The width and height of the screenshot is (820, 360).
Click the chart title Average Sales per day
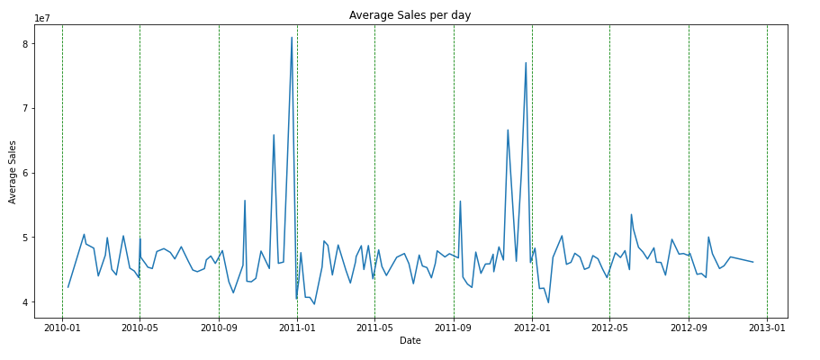(410, 15)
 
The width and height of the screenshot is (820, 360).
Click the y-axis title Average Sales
(14, 171)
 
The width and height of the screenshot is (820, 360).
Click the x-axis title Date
(410, 341)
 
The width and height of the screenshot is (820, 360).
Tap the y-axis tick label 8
(25, 44)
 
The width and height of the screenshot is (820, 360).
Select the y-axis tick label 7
(25, 108)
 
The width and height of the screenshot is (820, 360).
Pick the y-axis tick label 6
(25, 173)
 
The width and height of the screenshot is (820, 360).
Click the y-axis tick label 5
(25, 238)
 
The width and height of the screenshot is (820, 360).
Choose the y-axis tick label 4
(25, 302)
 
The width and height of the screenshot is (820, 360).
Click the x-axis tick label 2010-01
(62, 328)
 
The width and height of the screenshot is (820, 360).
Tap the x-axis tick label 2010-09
(219, 328)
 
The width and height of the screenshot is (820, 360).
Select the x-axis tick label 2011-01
(297, 328)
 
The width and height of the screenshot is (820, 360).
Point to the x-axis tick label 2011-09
(454, 328)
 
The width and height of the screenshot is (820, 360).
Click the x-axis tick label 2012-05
(609, 328)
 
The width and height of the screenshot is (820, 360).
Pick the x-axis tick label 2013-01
(767, 328)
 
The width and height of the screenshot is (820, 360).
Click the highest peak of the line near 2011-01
(292, 38)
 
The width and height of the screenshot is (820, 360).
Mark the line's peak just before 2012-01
(526, 63)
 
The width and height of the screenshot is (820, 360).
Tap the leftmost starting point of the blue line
(68, 287)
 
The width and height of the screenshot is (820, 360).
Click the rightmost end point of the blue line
(753, 262)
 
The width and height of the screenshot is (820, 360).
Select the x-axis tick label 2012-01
(532, 328)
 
